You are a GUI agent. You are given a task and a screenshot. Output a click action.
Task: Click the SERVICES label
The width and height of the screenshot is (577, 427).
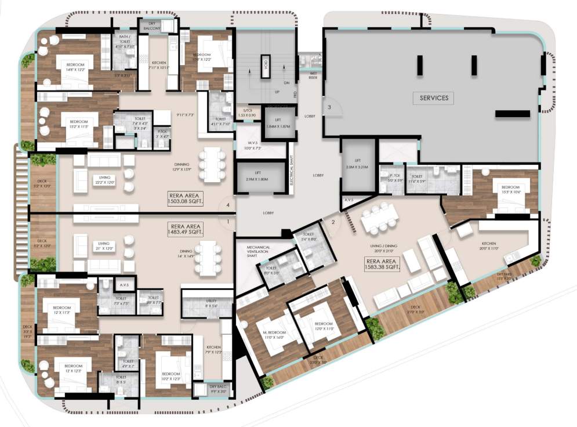pyautogui.click(x=434, y=98)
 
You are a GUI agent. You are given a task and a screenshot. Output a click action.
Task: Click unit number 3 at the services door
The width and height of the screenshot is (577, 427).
pyautogui.click(x=329, y=107)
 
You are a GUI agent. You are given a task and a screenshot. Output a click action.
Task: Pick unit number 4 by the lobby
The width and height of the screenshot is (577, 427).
pyautogui.click(x=228, y=205)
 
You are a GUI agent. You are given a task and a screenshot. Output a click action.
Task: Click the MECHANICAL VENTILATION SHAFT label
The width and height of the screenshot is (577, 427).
pyautogui.click(x=259, y=250)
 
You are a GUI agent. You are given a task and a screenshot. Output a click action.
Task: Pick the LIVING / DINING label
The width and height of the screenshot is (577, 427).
pyautogui.click(x=383, y=248)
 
